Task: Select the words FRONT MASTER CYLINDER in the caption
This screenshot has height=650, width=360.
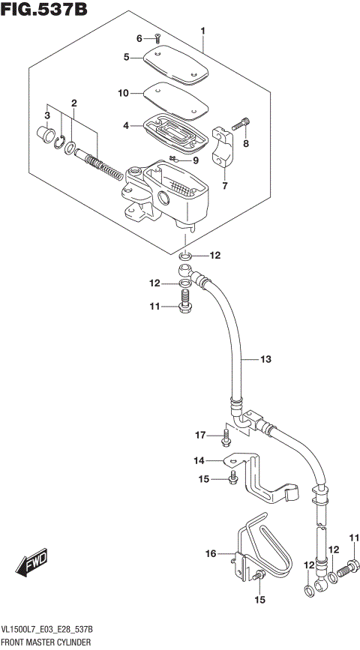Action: tap(46, 643)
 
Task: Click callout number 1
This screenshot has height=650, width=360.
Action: tap(202, 31)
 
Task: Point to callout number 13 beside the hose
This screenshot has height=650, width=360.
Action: tap(265, 360)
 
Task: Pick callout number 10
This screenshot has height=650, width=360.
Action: tap(123, 93)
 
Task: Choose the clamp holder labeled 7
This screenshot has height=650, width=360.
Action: tap(225, 151)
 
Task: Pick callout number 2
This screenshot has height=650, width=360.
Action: tap(74, 103)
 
